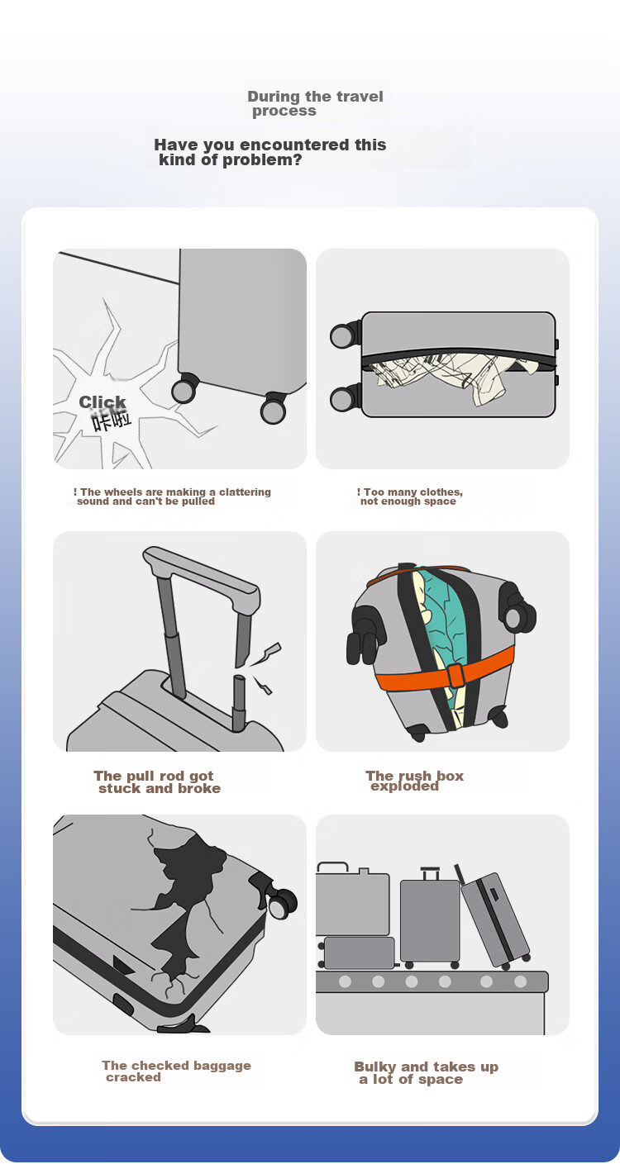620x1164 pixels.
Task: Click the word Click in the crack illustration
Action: click(x=103, y=402)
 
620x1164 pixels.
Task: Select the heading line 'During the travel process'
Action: click(x=315, y=103)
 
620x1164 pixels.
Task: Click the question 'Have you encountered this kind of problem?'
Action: click(x=270, y=152)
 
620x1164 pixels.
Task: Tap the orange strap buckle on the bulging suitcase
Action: click(x=455, y=676)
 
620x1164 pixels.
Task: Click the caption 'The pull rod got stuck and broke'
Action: click(x=156, y=782)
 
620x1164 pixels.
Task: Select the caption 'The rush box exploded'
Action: click(x=414, y=781)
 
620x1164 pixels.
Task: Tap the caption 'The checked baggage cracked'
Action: click(x=176, y=1071)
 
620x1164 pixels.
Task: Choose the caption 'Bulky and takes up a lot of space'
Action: click(x=426, y=1072)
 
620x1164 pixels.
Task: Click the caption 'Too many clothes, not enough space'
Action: click(x=410, y=496)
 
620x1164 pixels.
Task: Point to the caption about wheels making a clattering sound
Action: click(x=172, y=496)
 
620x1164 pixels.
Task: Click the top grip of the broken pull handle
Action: click(x=201, y=573)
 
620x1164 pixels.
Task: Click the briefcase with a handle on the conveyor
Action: click(x=352, y=900)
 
